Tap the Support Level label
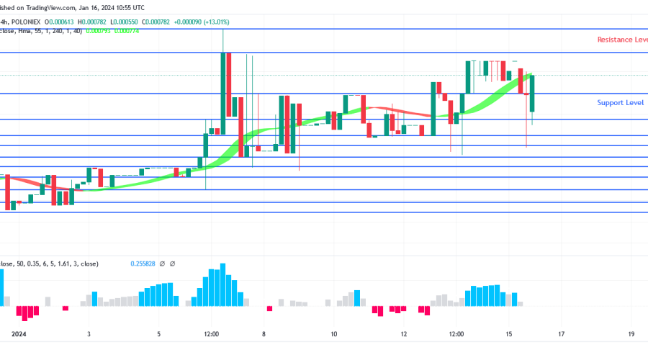(x=620, y=103)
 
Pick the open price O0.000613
(x=91, y=20)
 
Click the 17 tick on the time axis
(x=562, y=334)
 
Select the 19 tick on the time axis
(x=631, y=334)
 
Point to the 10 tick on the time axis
(x=334, y=334)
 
